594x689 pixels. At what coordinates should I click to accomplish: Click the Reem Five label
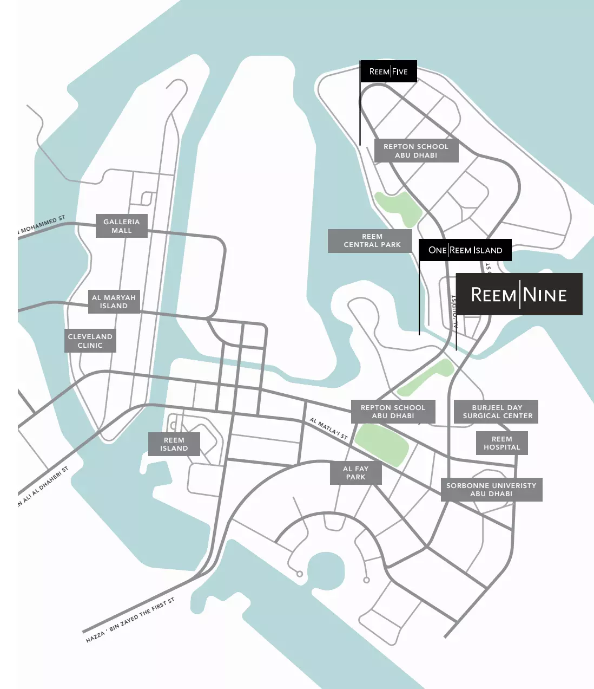pyautogui.click(x=388, y=71)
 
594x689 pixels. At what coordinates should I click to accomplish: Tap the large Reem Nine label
pyautogui.click(x=519, y=294)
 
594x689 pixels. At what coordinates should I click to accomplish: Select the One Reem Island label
pyautogui.click(x=465, y=250)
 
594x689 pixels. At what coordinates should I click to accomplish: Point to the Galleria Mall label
pyautogui.click(x=122, y=226)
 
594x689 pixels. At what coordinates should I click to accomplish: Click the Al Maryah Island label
pyautogui.click(x=114, y=302)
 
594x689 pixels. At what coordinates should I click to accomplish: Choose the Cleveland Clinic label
pyautogui.click(x=90, y=341)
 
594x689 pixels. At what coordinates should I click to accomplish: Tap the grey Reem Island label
pyautogui.click(x=174, y=444)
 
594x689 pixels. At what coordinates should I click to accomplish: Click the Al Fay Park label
pyautogui.click(x=355, y=473)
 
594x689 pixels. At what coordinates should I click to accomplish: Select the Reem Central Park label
pyautogui.click(x=372, y=240)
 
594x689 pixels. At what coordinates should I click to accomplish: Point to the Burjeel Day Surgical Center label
pyautogui.click(x=497, y=412)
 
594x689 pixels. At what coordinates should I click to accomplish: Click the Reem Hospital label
pyautogui.click(x=501, y=443)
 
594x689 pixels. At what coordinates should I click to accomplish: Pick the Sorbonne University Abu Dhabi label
pyautogui.click(x=491, y=490)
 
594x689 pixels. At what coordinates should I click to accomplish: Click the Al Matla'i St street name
pyautogui.click(x=328, y=428)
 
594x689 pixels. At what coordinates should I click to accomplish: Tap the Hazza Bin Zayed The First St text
pyautogui.click(x=130, y=620)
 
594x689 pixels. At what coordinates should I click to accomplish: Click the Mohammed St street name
pyautogui.click(x=41, y=225)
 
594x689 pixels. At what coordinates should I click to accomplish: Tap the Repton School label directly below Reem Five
pyautogui.click(x=416, y=151)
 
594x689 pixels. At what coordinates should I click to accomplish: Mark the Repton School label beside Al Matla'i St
pyautogui.click(x=393, y=412)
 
